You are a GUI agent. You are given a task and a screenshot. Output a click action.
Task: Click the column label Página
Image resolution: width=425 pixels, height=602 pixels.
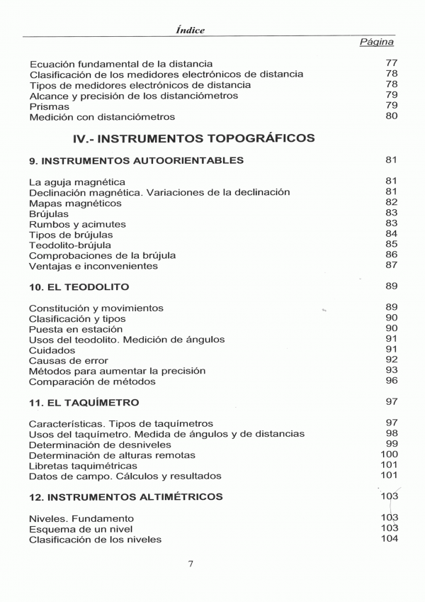click(x=376, y=43)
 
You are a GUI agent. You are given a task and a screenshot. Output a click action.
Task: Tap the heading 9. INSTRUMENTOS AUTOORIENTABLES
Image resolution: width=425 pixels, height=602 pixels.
click(x=136, y=160)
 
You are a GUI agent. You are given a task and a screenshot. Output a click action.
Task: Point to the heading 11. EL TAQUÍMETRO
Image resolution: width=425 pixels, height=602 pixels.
click(x=84, y=402)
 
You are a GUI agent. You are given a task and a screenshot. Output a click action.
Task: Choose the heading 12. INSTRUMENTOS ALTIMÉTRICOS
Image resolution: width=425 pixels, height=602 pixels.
click(x=126, y=496)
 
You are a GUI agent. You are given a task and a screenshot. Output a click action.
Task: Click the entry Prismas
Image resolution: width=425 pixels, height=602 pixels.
click(x=50, y=106)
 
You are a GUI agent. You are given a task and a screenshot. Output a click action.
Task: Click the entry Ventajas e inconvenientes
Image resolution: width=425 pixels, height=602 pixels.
click(x=93, y=266)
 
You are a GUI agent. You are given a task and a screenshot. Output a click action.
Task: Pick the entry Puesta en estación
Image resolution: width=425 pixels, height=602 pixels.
click(x=76, y=329)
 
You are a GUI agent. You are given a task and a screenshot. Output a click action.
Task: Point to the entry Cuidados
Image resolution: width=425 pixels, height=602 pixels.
click(x=52, y=350)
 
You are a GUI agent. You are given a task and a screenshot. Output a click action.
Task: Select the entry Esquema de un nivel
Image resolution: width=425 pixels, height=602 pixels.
click(x=81, y=529)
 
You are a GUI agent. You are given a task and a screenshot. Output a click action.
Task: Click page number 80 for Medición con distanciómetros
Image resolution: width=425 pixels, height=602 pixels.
click(x=391, y=116)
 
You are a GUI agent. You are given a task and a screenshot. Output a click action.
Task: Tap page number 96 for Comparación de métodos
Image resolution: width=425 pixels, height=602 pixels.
click(x=391, y=381)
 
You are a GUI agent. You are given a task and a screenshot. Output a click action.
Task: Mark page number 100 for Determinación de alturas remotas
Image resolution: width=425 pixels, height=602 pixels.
click(x=389, y=455)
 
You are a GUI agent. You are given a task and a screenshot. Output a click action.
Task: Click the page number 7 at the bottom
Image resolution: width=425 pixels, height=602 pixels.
click(x=191, y=564)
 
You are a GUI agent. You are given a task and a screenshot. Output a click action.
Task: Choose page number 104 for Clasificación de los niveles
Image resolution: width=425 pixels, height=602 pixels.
click(x=389, y=539)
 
